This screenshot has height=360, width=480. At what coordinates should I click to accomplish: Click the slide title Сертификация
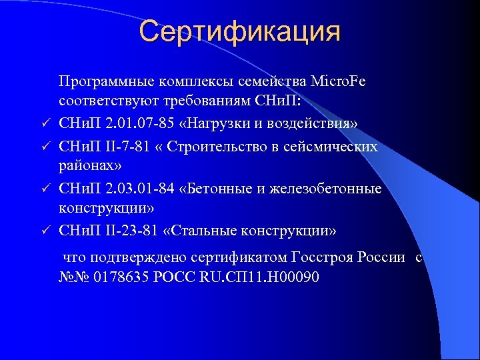click(240, 31)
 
